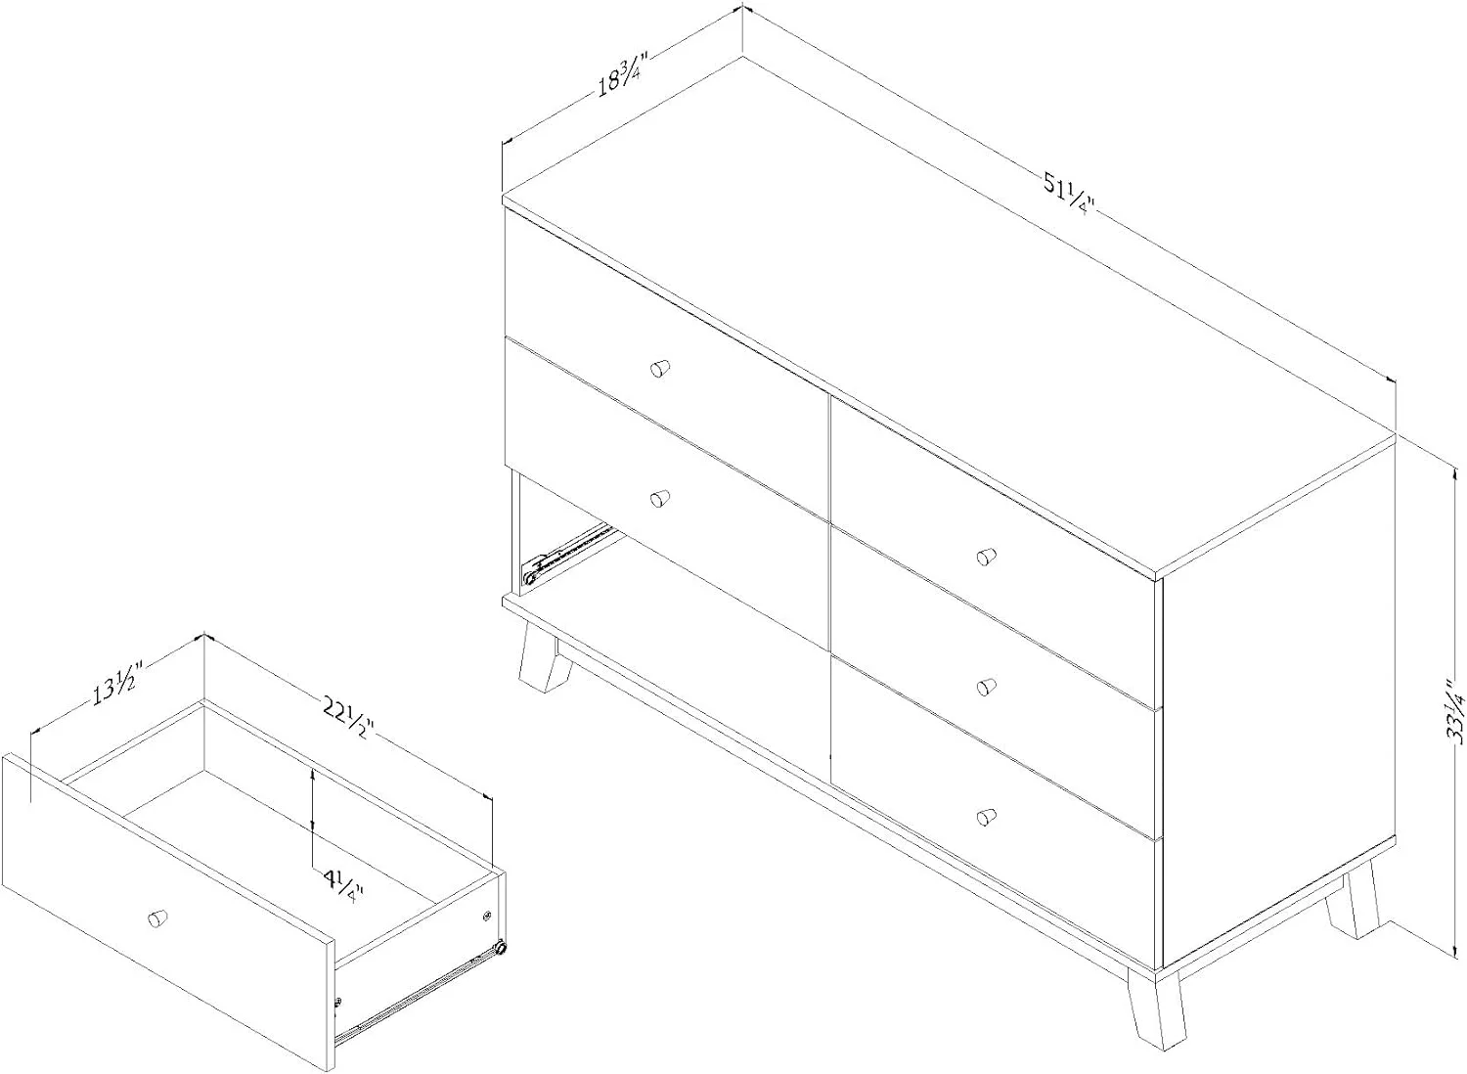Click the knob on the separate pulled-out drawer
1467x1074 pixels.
coord(157,917)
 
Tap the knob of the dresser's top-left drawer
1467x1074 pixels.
coord(660,369)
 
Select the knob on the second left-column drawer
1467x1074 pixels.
coord(660,499)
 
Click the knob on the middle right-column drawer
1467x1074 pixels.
coord(986,687)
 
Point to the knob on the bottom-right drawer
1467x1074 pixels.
coord(986,817)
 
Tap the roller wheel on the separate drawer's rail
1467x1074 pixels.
coord(501,947)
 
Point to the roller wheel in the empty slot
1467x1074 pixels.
coord(528,577)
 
